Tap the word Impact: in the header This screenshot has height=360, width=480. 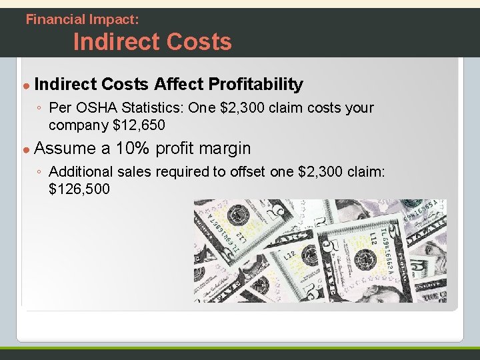click(115, 19)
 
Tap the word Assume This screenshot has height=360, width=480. click(64, 148)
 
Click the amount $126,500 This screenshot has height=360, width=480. click(79, 189)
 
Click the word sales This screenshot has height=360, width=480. click(135, 172)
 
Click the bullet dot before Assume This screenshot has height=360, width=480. click(26, 149)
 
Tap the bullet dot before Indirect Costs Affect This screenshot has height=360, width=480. click(26, 85)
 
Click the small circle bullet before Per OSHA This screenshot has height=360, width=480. click(40, 108)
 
